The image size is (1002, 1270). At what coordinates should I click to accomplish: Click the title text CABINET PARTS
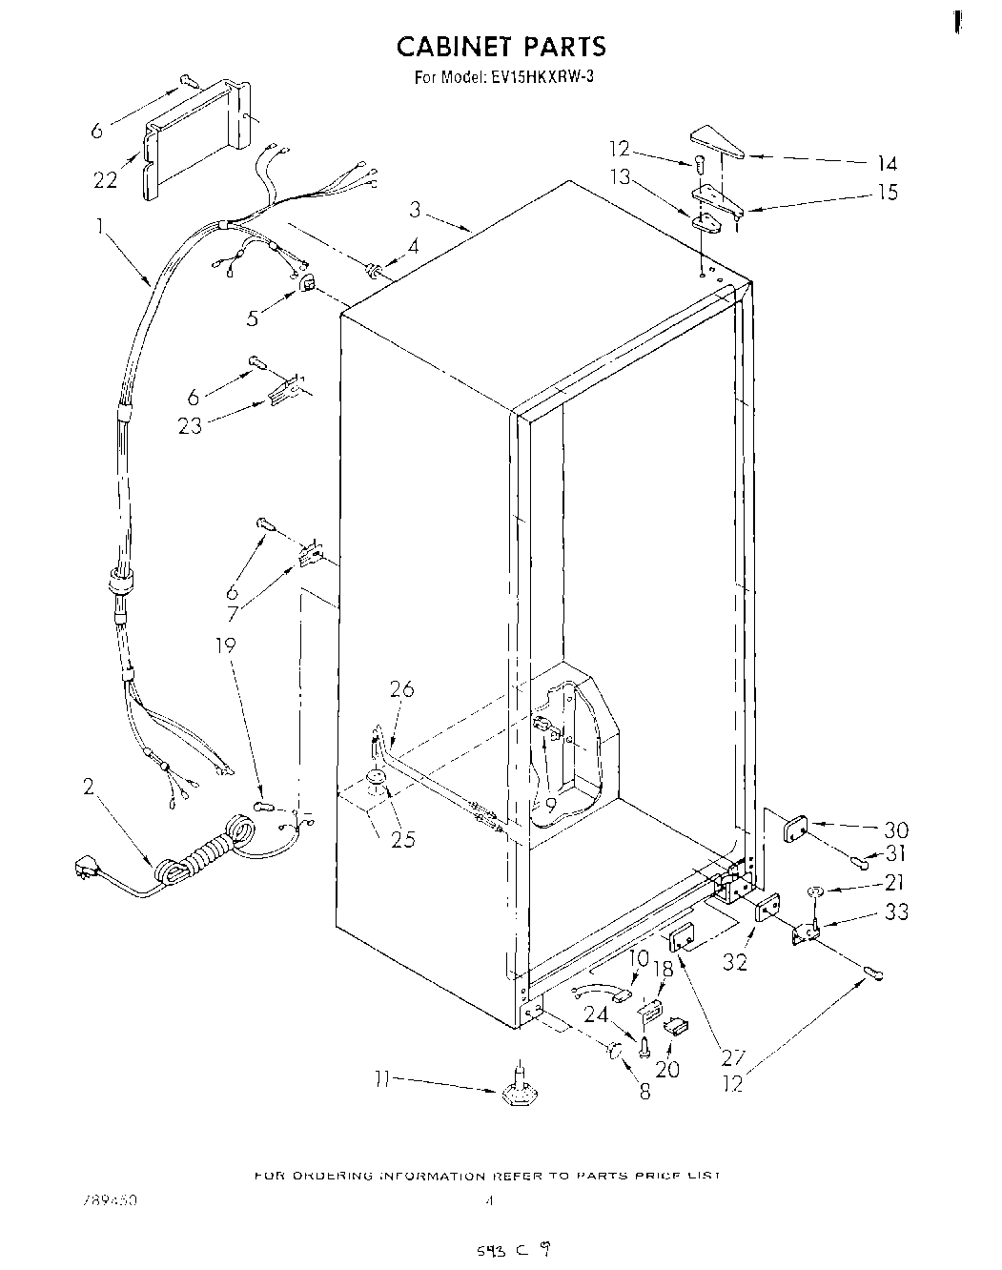tap(501, 46)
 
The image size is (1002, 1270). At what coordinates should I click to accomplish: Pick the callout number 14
tap(887, 163)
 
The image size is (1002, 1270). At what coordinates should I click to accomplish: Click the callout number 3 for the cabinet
tap(416, 209)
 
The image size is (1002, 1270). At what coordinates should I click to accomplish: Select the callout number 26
tap(402, 688)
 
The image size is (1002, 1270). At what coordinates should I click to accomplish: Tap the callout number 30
tap(895, 830)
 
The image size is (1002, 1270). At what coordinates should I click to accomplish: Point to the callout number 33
tap(895, 912)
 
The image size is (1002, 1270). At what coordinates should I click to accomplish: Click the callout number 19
tap(223, 645)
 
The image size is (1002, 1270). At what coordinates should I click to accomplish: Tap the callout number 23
tap(191, 425)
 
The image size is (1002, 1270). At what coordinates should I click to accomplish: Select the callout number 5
tap(253, 317)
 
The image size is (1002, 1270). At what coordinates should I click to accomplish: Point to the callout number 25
tap(403, 839)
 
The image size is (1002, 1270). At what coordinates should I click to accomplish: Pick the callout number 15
tap(887, 193)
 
